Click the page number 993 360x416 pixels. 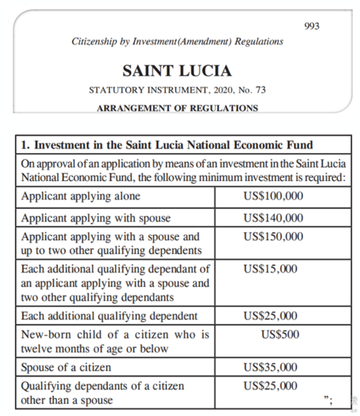pyautogui.click(x=312, y=26)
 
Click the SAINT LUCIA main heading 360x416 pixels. pyautogui.click(x=177, y=71)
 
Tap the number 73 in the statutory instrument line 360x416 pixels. pyautogui.click(x=260, y=91)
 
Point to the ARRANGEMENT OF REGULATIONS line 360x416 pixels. pyautogui.click(x=177, y=108)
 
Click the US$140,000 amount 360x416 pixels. pyautogui.click(x=273, y=218)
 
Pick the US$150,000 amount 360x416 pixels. pyautogui.click(x=273, y=236)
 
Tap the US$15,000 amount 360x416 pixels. pyautogui.click(x=270, y=269)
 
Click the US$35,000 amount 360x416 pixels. pyautogui.click(x=270, y=367)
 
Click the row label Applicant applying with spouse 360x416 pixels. pyautogui.click(x=95, y=218)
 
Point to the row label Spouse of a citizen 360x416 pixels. pyautogui.click(x=65, y=367)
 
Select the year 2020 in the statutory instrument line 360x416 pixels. pyautogui.click(x=216, y=91)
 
